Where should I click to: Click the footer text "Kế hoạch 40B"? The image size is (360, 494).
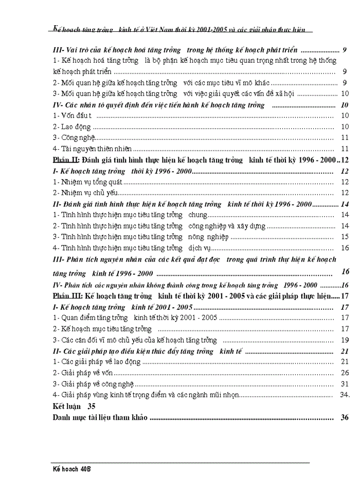pyautogui.click(x=71, y=469)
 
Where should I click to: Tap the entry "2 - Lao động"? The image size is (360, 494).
pyautogui.click(x=72, y=127)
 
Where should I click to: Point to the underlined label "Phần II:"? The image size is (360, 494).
pyautogui.click(x=66, y=160)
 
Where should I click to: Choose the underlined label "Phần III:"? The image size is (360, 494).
pyautogui.click(x=68, y=296)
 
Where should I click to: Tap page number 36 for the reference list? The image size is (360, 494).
pyautogui.click(x=345, y=417)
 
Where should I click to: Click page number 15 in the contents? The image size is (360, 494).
pyautogui.click(x=345, y=237)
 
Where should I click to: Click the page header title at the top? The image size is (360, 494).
pyautogui.click(x=179, y=29)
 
